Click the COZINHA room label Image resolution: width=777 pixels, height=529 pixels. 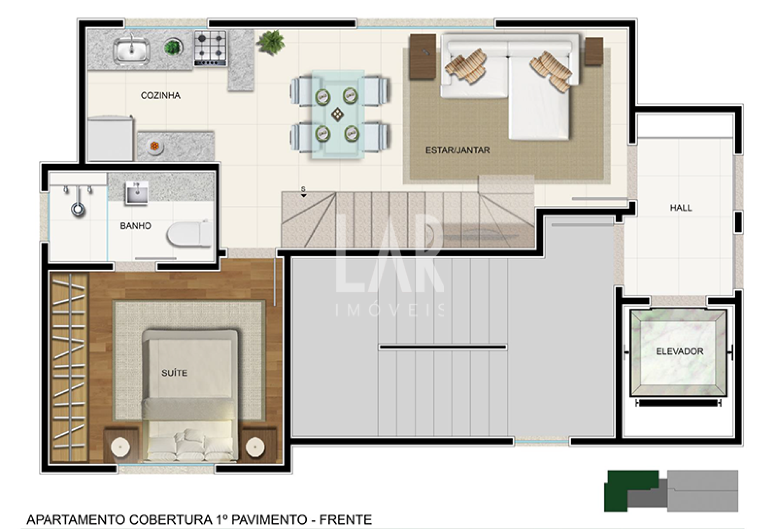pos(160,95)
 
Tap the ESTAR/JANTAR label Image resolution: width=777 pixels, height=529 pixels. pos(457,150)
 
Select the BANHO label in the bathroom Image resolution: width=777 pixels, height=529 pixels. pos(136,226)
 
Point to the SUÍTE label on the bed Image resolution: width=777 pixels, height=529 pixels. pos(174,373)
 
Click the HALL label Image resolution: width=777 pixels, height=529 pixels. pos(681,208)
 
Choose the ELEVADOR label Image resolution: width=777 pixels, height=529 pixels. pos(679,351)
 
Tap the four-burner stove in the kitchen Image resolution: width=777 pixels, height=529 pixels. pos(211,49)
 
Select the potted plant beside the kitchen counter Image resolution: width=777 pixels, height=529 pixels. pos(270,42)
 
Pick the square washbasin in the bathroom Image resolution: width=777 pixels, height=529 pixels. pos(136,193)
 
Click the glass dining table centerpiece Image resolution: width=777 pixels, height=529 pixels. pos(338,114)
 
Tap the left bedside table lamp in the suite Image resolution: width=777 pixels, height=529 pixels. pos(120,447)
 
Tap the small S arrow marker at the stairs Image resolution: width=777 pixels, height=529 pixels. pos(304,192)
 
